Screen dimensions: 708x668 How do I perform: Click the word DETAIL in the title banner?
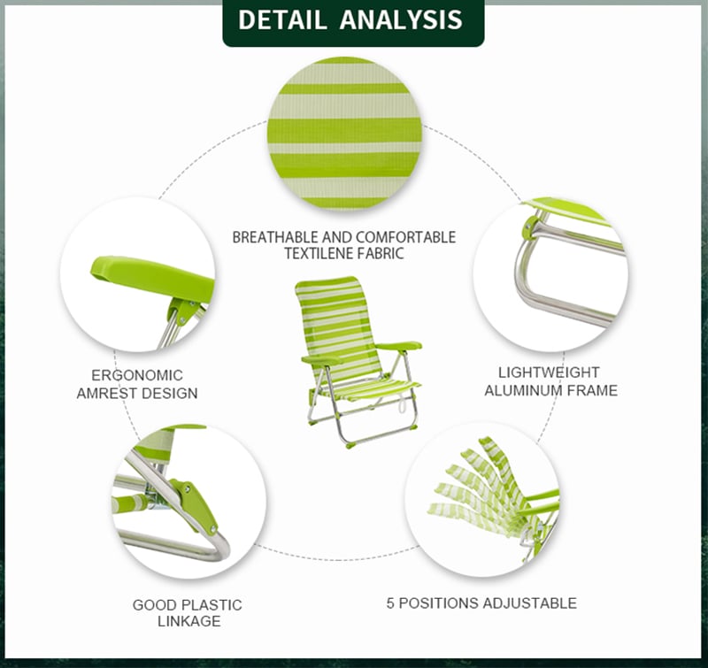pyautogui.click(x=281, y=19)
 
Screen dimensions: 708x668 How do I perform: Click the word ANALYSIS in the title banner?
pyautogui.click(x=401, y=19)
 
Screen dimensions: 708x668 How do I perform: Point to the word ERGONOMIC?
pyautogui.click(x=137, y=375)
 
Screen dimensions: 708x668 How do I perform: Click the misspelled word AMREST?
pyautogui.click(x=105, y=393)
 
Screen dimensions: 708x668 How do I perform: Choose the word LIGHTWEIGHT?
pyautogui.click(x=549, y=372)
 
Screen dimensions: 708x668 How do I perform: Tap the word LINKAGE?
pyautogui.click(x=189, y=621)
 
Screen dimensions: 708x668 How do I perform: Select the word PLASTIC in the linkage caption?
pyautogui.click(x=212, y=605)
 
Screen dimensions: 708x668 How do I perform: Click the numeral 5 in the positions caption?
pyautogui.click(x=390, y=603)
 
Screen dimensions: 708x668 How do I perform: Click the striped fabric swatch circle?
pyautogui.click(x=345, y=134)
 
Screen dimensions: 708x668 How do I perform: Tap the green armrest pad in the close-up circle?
pyautogui.click(x=152, y=279)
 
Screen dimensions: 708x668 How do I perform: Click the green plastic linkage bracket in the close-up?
pyautogui.click(x=195, y=507)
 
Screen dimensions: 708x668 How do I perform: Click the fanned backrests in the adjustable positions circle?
pyautogui.click(x=483, y=488)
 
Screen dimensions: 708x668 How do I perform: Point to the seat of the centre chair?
pyautogui.click(x=371, y=390)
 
